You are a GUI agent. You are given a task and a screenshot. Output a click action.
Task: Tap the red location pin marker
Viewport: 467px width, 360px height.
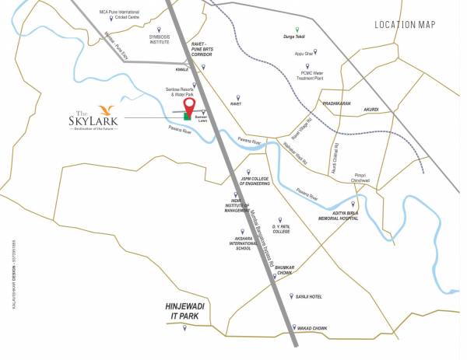188,107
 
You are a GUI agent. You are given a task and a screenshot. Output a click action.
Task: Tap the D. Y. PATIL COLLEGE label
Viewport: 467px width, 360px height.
281,229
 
